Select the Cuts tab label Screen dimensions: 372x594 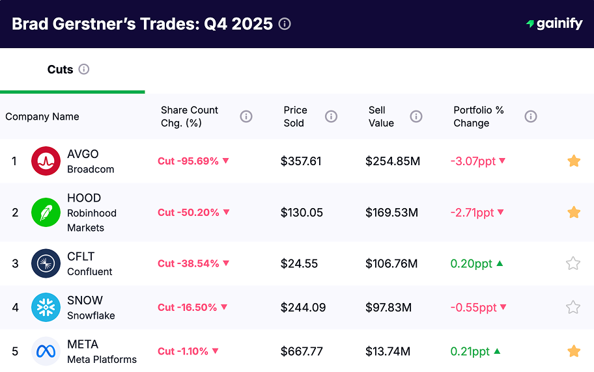[x=60, y=70]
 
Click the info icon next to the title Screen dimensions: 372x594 [x=285, y=24]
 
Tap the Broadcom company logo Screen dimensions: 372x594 [x=46, y=161]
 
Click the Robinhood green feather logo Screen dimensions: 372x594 [x=46, y=213]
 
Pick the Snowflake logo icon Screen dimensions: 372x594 [x=46, y=308]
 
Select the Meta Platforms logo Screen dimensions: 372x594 [x=46, y=351]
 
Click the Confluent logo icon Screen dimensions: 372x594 [x=46, y=263]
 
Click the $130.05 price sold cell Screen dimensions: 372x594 [x=301, y=213]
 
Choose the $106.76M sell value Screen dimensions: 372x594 [x=391, y=263]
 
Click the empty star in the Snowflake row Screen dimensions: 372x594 [x=573, y=308]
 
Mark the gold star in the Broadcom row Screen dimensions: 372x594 [x=573, y=161]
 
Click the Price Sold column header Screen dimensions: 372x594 [x=295, y=116]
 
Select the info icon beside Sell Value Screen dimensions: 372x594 [x=416, y=116]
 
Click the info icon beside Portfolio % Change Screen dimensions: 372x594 [x=531, y=116]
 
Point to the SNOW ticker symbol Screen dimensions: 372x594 [x=85, y=300]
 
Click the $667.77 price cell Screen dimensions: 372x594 [x=302, y=351]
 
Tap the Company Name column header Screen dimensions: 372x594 [x=42, y=116]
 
